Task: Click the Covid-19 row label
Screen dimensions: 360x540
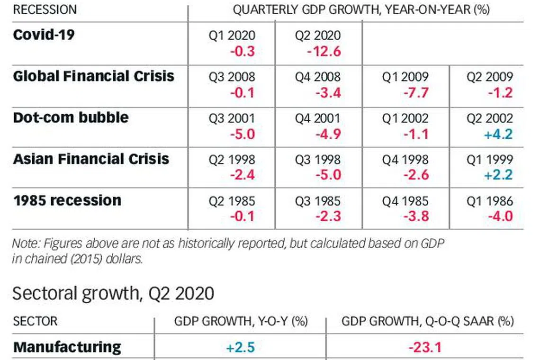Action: click(44, 35)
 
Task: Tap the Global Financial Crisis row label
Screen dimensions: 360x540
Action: click(94, 76)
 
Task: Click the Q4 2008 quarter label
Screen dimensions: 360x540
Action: click(317, 77)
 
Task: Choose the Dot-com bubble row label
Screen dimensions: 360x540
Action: click(71, 117)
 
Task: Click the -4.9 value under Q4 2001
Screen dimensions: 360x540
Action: click(328, 134)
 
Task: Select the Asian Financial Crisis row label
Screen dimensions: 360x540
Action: click(91, 159)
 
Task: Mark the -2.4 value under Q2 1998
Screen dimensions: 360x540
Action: click(242, 175)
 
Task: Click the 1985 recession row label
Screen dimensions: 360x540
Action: click(67, 200)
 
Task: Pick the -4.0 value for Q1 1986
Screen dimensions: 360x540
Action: click(499, 216)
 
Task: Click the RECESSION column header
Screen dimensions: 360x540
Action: click(45, 10)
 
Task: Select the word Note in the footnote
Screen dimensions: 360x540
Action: click(26, 243)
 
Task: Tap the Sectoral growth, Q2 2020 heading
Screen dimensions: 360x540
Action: click(113, 294)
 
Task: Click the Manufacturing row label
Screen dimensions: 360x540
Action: click(67, 347)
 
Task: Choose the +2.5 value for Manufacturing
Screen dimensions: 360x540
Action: click(240, 347)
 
